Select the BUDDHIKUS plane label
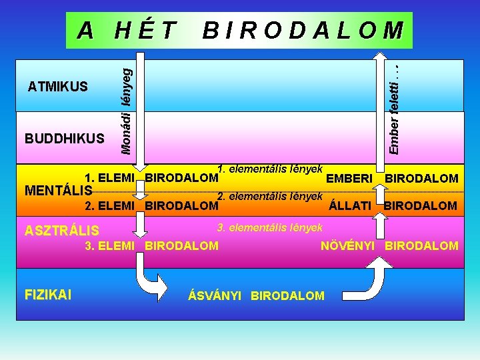pyautogui.click(x=65, y=139)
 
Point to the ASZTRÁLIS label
pyautogui.click(x=62, y=231)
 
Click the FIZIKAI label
pyautogui.click(x=49, y=294)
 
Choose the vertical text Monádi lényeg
pyautogui.click(x=126, y=107)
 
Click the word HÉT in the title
pyautogui.click(x=146, y=30)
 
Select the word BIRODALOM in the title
pyautogui.click(x=303, y=30)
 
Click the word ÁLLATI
pyautogui.click(x=350, y=205)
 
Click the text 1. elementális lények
pyautogui.click(x=271, y=169)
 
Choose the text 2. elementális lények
pyautogui.click(x=270, y=196)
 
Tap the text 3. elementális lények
pyautogui.click(x=270, y=227)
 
